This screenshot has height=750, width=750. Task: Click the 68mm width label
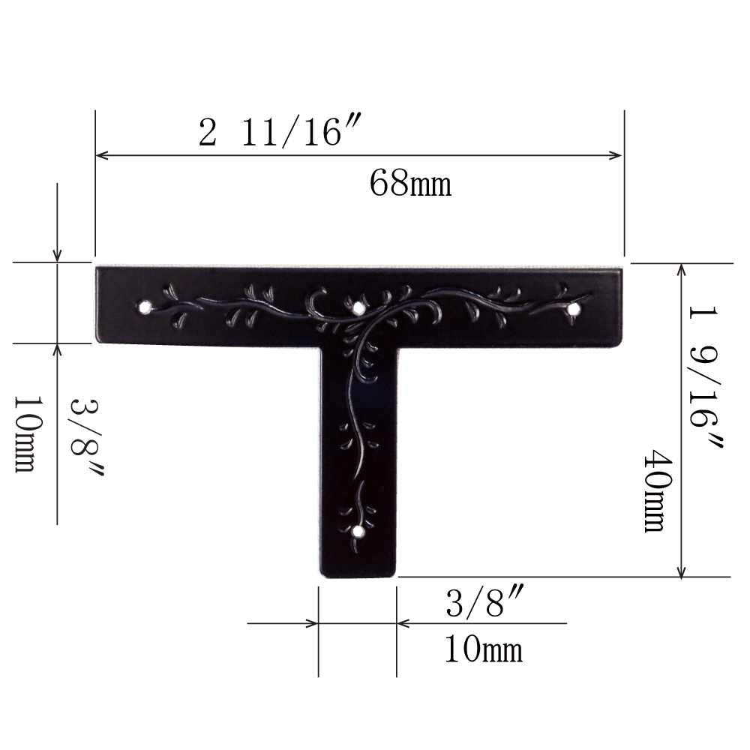(x=410, y=183)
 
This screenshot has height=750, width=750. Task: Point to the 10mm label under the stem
(x=484, y=649)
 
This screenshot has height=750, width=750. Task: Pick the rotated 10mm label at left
(x=25, y=434)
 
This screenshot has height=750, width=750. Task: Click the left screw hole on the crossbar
(x=143, y=306)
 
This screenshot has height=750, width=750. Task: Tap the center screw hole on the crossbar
(x=357, y=308)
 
